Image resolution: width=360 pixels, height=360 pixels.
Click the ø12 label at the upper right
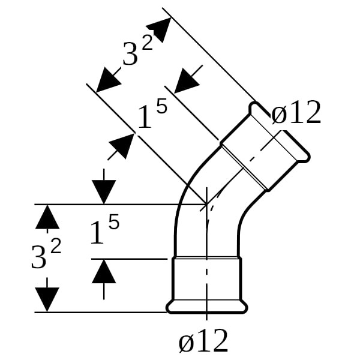(x=296, y=113)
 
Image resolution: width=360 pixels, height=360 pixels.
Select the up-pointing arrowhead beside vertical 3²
(x=47, y=217)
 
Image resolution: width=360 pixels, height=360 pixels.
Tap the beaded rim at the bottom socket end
(x=206, y=307)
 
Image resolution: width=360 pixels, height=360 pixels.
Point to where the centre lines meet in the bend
(x=206, y=204)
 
